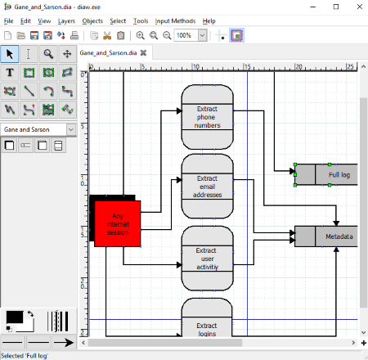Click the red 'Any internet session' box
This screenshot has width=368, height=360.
click(x=118, y=224)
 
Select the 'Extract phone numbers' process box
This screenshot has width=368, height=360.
click(x=207, y=117)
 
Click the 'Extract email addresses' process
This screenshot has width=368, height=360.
click(x=207, y=187)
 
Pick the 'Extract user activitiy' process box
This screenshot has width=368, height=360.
click(x=207, y=259)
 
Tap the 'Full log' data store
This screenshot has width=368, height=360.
click(x=326, y=174)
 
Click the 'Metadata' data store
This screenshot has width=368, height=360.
click(x=326, y=236)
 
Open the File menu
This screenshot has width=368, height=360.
click(x=8, y=21)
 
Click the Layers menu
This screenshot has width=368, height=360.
click(x=66, y=21)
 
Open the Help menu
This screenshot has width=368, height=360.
click(x=209, y=21)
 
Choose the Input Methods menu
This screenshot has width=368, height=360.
click(x=175, y=21)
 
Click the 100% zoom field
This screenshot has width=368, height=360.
click(x=186, y=35)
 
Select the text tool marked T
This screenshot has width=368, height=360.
click(x=10, y=73)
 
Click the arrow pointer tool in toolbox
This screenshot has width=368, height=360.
click(x=10, y=54)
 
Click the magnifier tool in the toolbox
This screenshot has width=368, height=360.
click(x=48, y=54)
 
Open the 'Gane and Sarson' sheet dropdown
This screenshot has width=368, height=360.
click(x=71, y=129)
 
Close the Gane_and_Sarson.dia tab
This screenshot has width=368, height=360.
click(x=143, y=53)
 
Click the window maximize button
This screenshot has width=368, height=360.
click(x=336, y=7)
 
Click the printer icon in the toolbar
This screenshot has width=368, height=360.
click(x=74, y=35)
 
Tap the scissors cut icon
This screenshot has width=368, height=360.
click(x=107, y=35)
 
